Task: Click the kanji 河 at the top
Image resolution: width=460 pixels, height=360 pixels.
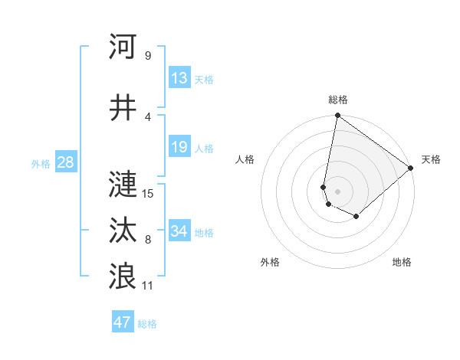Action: click(x=123, y=47)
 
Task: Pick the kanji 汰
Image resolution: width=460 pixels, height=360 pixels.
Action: click(x=123, y=231)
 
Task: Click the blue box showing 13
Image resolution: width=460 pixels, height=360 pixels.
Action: click(x=179, y=79)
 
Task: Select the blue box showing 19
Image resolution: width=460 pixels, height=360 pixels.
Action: click(x=179, y=147)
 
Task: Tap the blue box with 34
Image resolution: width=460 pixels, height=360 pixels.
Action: click(x=179, y=231)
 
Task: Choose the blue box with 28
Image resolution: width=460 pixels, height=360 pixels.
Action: click(x=65, y=162)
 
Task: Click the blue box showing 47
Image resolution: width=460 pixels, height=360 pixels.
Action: click(x=123, y=322)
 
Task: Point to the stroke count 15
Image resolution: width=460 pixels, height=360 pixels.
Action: click(x=149, y=193)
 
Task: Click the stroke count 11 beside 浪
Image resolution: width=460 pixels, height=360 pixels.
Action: click(x=149, y=285)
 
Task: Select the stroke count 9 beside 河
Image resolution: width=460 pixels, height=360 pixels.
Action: click(x=147, y=55)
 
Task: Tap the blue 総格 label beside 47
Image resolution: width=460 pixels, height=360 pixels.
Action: click(x=147, y=324)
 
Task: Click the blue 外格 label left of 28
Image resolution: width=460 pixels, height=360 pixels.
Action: click(x=41, y=163)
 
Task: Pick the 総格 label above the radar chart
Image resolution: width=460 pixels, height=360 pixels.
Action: click(x=338, y=100)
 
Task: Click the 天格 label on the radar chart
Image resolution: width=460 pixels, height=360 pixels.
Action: click(x=431, y=159)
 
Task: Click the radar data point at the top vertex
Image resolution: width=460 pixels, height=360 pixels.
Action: click(x=337, y=116)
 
